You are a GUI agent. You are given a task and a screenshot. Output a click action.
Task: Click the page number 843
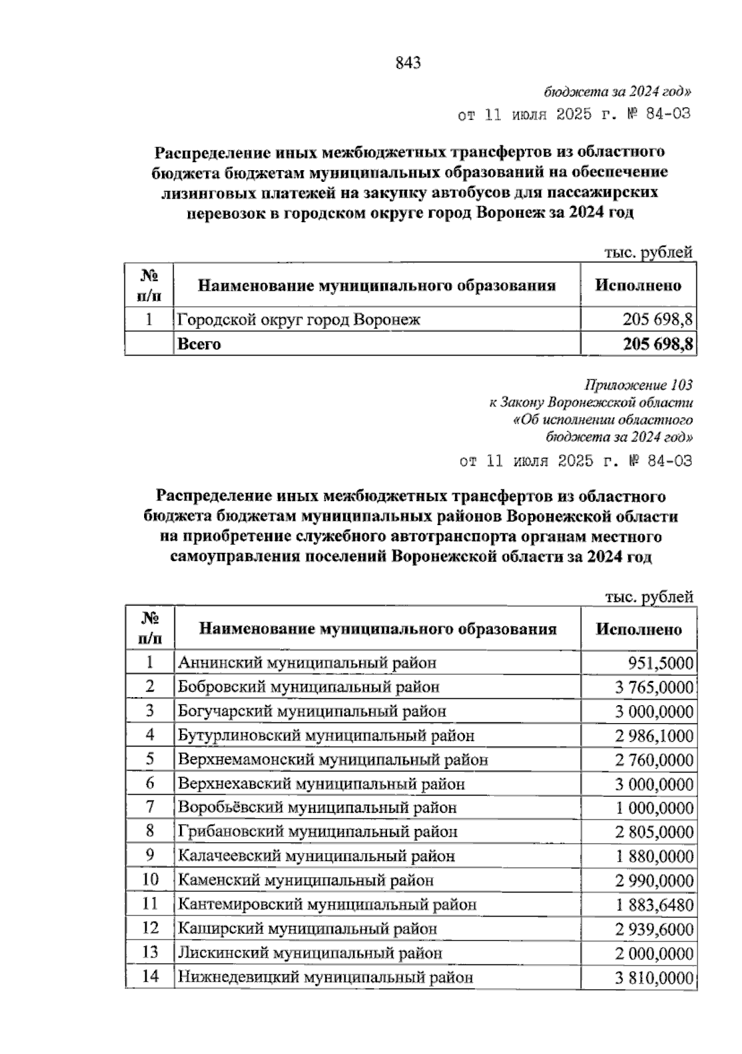[x=407, y=62]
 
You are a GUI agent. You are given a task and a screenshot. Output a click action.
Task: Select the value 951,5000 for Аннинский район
[x=660, y=663]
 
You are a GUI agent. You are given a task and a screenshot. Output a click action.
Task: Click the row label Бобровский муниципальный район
[x=309, y=687]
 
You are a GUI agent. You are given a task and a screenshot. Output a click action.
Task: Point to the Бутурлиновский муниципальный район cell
[x=326, y=735]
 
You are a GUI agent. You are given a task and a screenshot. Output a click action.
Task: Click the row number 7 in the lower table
[x=150, y=807]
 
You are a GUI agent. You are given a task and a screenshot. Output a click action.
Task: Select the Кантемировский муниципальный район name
[x=327, y=905]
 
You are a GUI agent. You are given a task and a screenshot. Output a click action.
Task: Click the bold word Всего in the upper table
[x=198, y=344]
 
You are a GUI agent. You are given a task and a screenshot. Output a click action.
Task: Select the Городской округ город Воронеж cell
[x=299, y=320]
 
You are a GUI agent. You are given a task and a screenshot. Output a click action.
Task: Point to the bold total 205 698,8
[x=657, y=344]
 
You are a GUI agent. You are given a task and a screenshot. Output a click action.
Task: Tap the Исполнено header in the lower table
[x=638, y=629]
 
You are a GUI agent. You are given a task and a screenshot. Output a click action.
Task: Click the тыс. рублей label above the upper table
[x=647, y=252]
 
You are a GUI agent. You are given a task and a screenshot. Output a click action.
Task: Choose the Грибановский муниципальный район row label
[x=317, y=832]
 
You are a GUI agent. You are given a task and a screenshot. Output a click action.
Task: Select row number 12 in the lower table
[x=150, y=928]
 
